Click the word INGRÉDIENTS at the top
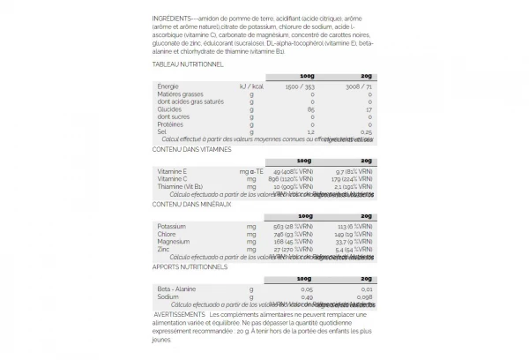(x=173, y=19)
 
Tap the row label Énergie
(x=168, y=86)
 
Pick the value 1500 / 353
(x=298, y=86)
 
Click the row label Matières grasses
(x=180, y=94)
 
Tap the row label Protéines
(x=171, y=124)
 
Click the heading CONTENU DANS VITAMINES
(x=191, y=148)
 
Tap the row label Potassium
(x=172, y=226)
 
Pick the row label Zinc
(x=165, y=249)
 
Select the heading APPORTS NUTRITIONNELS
(x=190, y=266)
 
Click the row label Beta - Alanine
(x=176, y=288)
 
